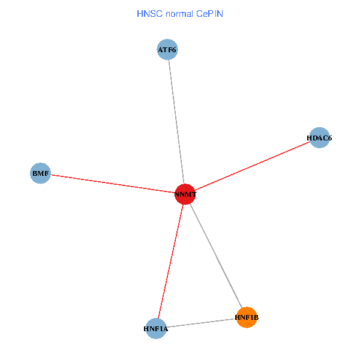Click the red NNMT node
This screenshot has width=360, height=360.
tap(185, 194)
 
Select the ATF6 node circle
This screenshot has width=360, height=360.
tap(167, 50)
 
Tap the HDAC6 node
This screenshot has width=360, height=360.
tap(319, 138)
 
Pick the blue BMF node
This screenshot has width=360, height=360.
tap(40, 173)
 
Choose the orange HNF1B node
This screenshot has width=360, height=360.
tap(247, 317)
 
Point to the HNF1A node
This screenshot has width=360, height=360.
tap(156, 328)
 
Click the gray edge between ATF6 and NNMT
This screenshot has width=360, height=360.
tap(176, 120)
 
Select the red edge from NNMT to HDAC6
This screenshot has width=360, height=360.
tap(252, 166)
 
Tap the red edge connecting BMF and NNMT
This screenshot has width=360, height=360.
tap(114, 184)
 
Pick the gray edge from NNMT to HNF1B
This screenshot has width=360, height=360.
tap(216, 256)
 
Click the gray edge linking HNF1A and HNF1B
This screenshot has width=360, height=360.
tap(201, 323)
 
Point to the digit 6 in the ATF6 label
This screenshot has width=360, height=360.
tap(174, 50)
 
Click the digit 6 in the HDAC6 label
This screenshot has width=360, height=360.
tap(329, 138)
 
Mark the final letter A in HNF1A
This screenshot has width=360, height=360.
tap(166, 329)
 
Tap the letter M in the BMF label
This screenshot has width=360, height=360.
tap(40, 173)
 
